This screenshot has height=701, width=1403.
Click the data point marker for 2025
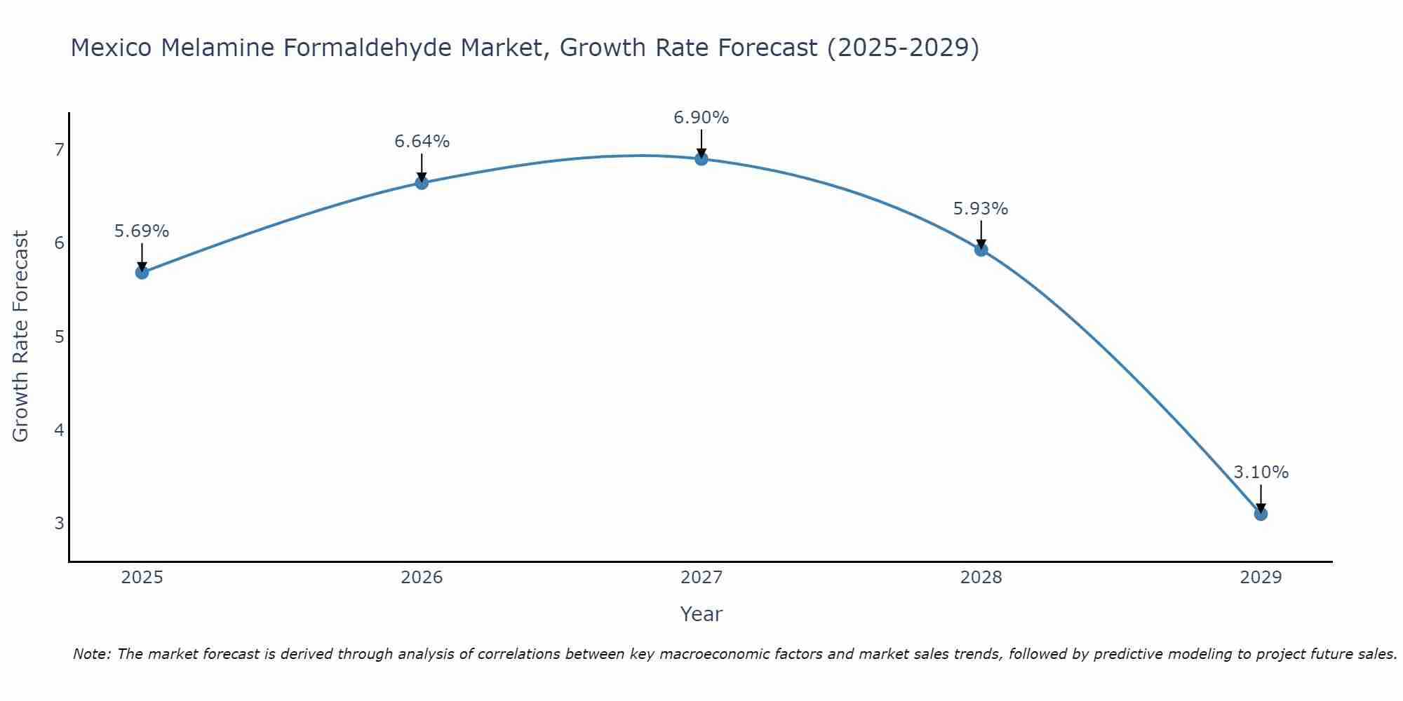click(142, 272)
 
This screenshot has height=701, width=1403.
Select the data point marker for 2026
click(422, 183)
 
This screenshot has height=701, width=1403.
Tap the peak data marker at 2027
click(701, 158)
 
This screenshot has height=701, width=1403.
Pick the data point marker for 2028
click(981, 249)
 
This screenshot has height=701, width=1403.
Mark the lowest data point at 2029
click(1261, 514)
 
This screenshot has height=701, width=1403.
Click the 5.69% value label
click(142, 231)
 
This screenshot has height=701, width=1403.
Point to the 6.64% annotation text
click(422, 142)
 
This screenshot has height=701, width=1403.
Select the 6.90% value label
click(701, 118)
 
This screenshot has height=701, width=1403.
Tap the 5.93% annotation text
click(981, 209)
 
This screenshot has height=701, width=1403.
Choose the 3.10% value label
click(1261, 472)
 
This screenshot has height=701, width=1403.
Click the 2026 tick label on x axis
click(422, 578)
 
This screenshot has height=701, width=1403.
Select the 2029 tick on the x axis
click(1261, 578)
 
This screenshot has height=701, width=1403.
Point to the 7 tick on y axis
click(59, 149)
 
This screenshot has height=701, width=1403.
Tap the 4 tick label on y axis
click(59, 430)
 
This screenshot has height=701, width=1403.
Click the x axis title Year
click(701, 614)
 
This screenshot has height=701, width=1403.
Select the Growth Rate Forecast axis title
click(21, 336)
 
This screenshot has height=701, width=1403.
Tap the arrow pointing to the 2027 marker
click(701, 143)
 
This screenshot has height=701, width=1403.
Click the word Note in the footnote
click(91, 654)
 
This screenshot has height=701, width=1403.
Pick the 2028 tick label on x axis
click(981, 578)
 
